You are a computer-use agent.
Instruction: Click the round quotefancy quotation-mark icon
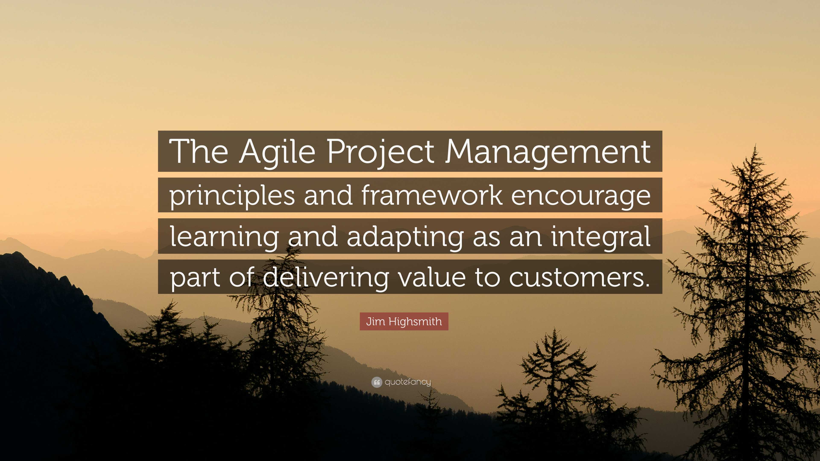(376, 382)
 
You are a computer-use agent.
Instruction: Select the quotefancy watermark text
(408, 382)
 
